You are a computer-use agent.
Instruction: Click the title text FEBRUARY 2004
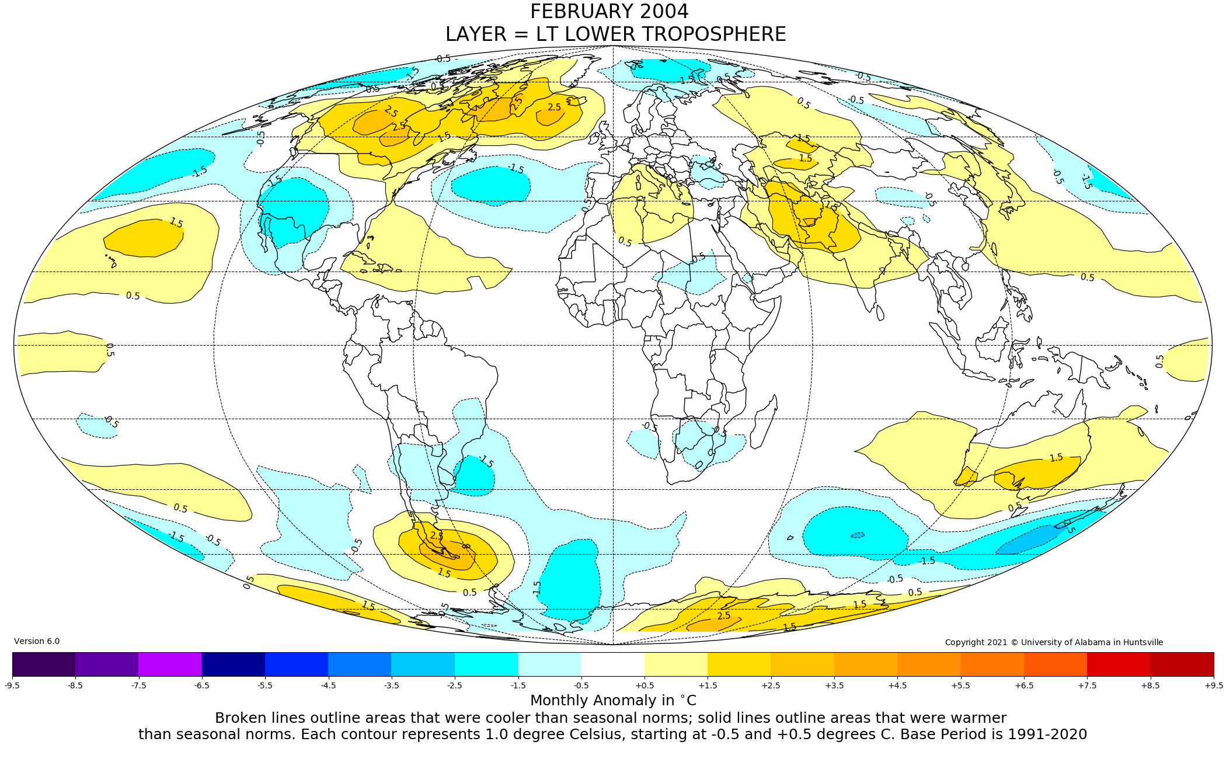[x=609, y=12]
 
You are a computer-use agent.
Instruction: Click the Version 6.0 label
[x=37, y=641]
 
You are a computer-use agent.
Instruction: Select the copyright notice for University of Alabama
[x=1054, y=642]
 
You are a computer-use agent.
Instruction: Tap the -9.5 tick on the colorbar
[x=12, y=685]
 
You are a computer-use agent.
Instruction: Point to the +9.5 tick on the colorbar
[x=1213, y=685]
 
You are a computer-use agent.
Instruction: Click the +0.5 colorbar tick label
[x=644, y=685]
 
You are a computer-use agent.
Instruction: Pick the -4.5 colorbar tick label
[x=328, y=685]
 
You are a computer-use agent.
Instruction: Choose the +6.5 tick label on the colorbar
[x=1023, y=685]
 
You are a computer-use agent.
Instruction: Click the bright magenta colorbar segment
[x=170, y=664]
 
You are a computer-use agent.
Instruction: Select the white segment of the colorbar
[x=612, y=664]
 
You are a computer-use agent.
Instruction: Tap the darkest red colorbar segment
[x=1182, y=664]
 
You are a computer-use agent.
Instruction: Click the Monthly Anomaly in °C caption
[x=613, y=701]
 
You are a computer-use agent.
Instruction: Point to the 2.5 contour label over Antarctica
[x=723, y=616]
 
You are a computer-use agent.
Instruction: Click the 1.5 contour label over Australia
[x=1056, y=458]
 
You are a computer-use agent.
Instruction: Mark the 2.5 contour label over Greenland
[x=554, y=107]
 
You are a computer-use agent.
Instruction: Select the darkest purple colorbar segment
[x=44, y=664]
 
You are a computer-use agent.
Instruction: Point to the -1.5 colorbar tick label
[x=518, y=685]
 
